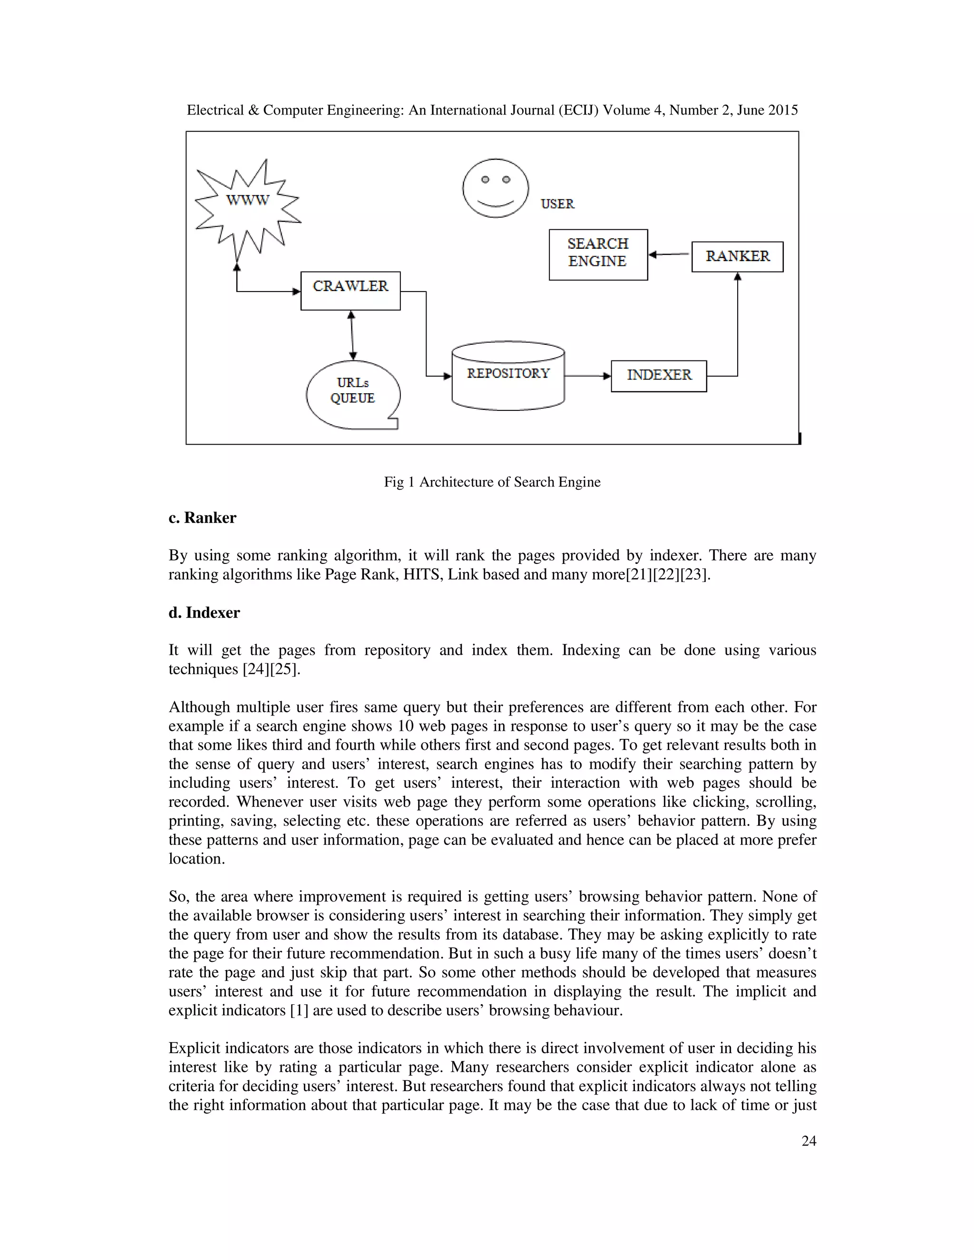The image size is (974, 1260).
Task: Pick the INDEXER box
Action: tap(658, 376)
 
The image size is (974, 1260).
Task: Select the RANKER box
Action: tap(737, 256)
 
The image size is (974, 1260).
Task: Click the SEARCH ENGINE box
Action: tap(598, 254)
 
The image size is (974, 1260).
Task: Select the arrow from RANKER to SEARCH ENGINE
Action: tap(669, 254)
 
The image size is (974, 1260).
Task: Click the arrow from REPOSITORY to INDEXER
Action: tap(587, 376)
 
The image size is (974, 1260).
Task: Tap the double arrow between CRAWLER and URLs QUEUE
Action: tap(352, 335)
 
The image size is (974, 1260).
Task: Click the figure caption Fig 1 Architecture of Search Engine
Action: tap(492, 482)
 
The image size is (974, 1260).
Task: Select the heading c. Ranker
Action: tap(203, 517)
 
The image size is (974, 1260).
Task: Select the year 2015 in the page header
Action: tap(782, 110)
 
